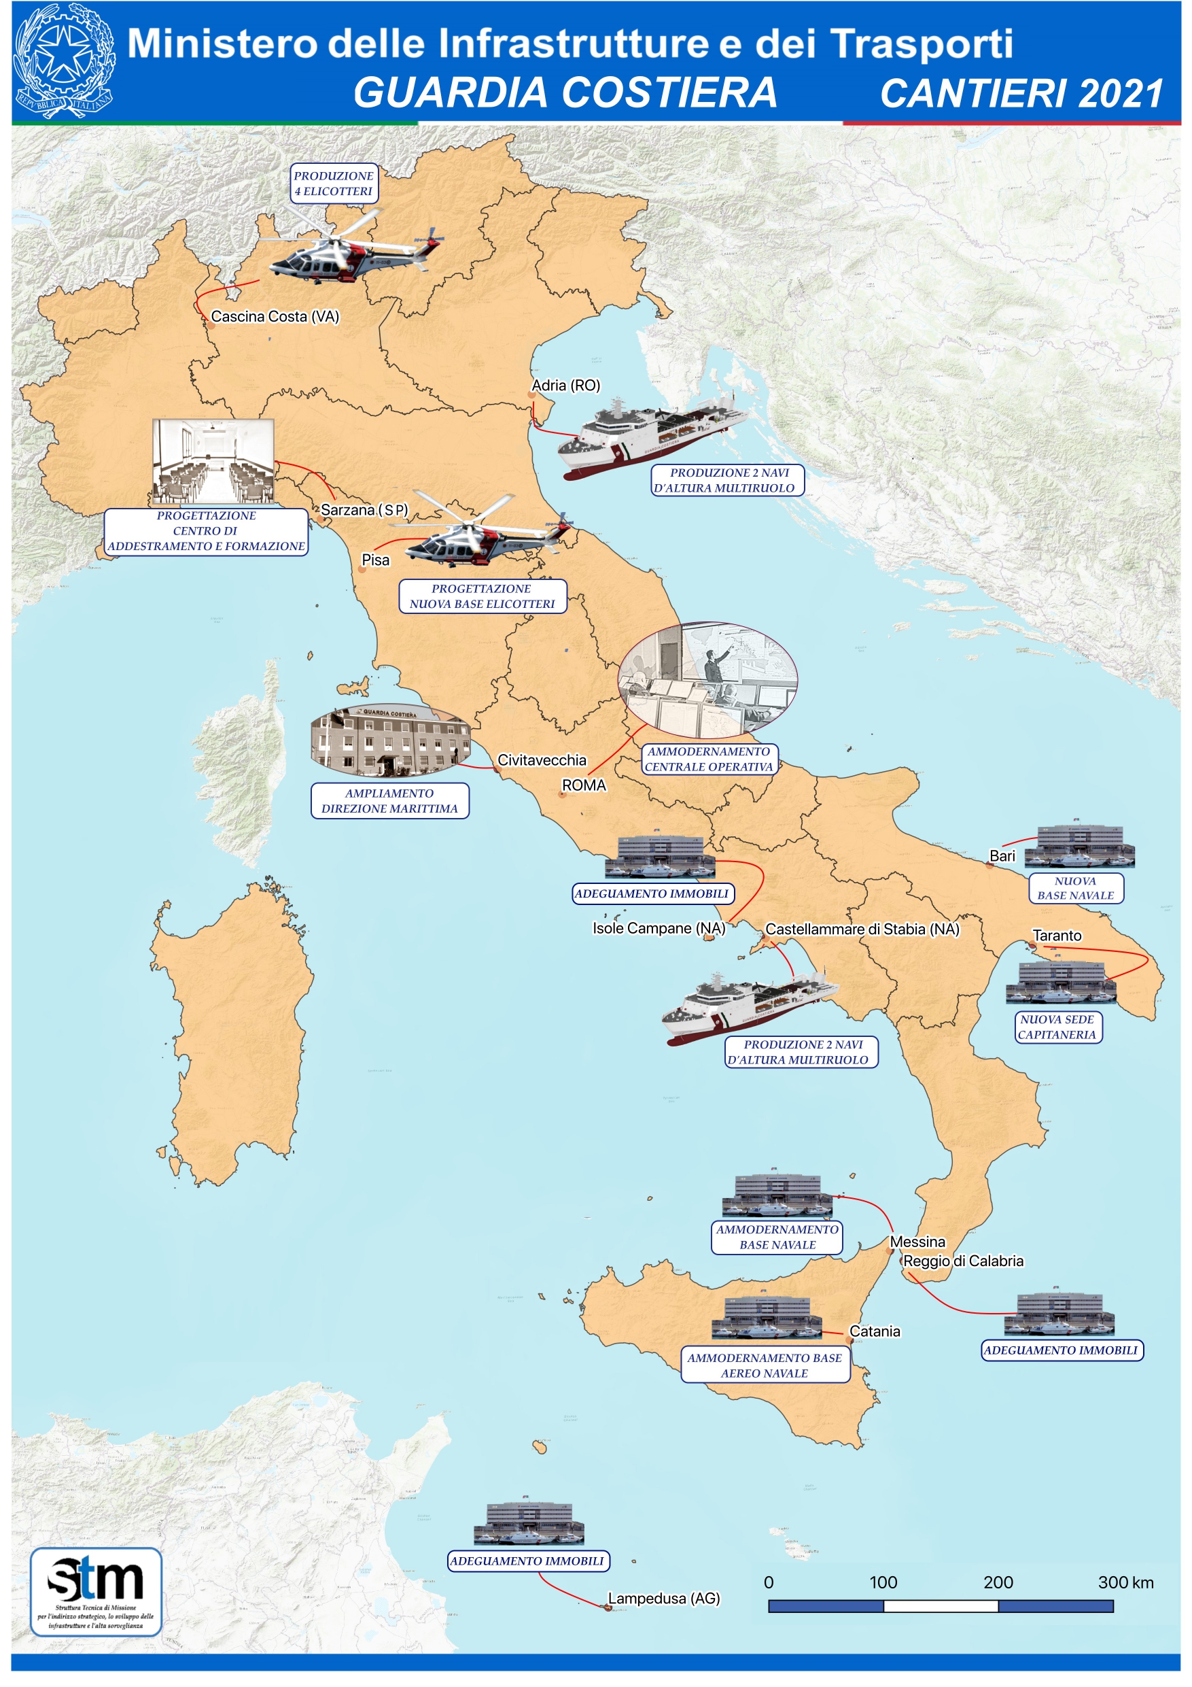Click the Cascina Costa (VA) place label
tap(275, 317)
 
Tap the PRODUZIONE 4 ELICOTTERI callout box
tap(334, 184)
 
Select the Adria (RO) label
tap(565, 386)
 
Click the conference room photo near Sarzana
tap(213, 462)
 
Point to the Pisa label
tap(375, 560)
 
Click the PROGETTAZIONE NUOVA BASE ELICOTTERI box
tap(482, 596)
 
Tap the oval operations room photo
tap(707, 681)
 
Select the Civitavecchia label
tap(542, 760)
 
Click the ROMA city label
tap(584, 785)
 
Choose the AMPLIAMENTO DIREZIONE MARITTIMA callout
tap(389, 801)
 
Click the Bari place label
tap(1002, 856)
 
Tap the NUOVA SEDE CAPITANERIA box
tap(1057, 1027)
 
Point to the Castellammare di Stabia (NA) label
tap(862, 930)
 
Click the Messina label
tap(917, 1242)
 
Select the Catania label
tap(874, 1331)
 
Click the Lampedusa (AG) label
tap(664, 1599)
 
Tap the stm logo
tap(95, 1592)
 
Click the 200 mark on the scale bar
tap(998, 1583)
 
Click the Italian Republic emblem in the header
tap(64, 61)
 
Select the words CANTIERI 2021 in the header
tap(1021, 94)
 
